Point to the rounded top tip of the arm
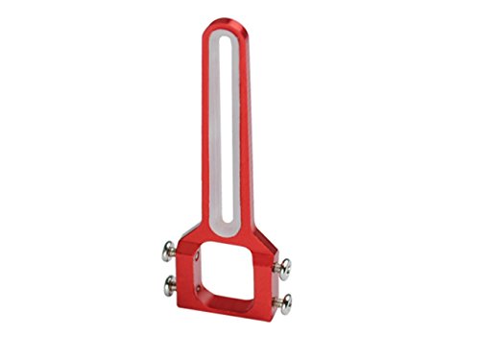tap(224, 21)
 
